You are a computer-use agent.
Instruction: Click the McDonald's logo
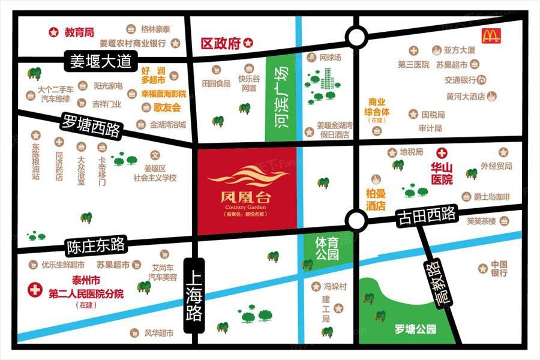point(491,36)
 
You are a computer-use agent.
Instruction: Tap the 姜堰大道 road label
point(101,61)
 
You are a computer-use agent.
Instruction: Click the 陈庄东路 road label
point(96,245)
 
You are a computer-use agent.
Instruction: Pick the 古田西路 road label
point(426,217)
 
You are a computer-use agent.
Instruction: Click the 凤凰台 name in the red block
point(247,195)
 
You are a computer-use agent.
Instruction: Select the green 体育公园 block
point(327,248)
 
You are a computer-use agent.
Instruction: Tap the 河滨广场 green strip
point(280,99)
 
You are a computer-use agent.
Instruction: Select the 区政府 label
point(220,43)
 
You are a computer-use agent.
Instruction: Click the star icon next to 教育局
point(54,32)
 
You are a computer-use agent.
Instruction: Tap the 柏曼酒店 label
point(376,199)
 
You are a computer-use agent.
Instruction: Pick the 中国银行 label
point(499,268)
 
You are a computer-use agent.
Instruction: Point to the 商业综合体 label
point(377,106)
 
